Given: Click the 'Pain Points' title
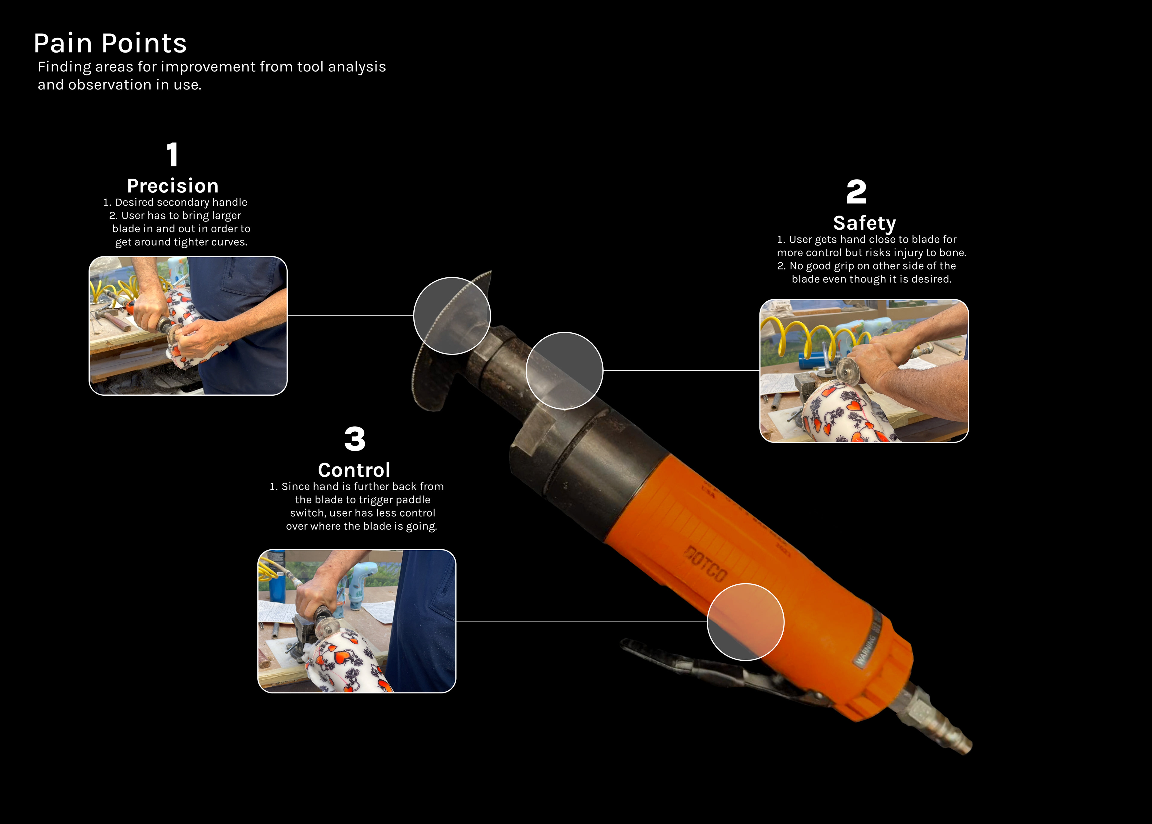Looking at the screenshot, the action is tap(110, 43).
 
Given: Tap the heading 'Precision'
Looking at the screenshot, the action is tap(173, 186).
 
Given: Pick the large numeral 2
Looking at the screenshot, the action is tap(856, 192).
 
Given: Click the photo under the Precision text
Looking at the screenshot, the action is tap(188, 326).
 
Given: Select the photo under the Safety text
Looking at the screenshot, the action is tap(864, 371).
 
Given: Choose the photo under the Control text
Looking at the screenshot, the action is tap(357, 621).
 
